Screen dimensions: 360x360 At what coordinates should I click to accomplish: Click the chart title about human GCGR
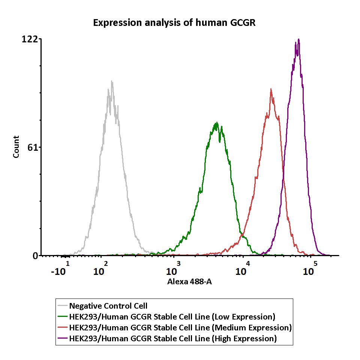(174, 23)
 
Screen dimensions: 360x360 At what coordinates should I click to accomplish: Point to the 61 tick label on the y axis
(33, 147)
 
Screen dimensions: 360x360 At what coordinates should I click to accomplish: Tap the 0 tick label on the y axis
(35, 256)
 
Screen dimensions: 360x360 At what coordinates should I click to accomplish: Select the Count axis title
(16, 147)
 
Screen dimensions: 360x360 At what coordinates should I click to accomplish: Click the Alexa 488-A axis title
(189, 282)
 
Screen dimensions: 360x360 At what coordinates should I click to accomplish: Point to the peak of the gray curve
(111, 81)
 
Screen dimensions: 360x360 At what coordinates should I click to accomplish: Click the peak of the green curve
(216, 123)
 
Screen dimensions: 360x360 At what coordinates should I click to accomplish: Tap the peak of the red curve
(271, 89)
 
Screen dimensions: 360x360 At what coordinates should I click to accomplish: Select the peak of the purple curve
(298, 39)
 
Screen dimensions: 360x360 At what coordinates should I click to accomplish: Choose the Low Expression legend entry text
(172, 316)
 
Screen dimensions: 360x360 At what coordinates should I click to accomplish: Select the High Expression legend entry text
(173, 339)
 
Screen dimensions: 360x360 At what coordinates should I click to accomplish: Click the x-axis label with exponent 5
(310, 269)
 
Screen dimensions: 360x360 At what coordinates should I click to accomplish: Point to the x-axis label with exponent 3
(173, 269)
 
